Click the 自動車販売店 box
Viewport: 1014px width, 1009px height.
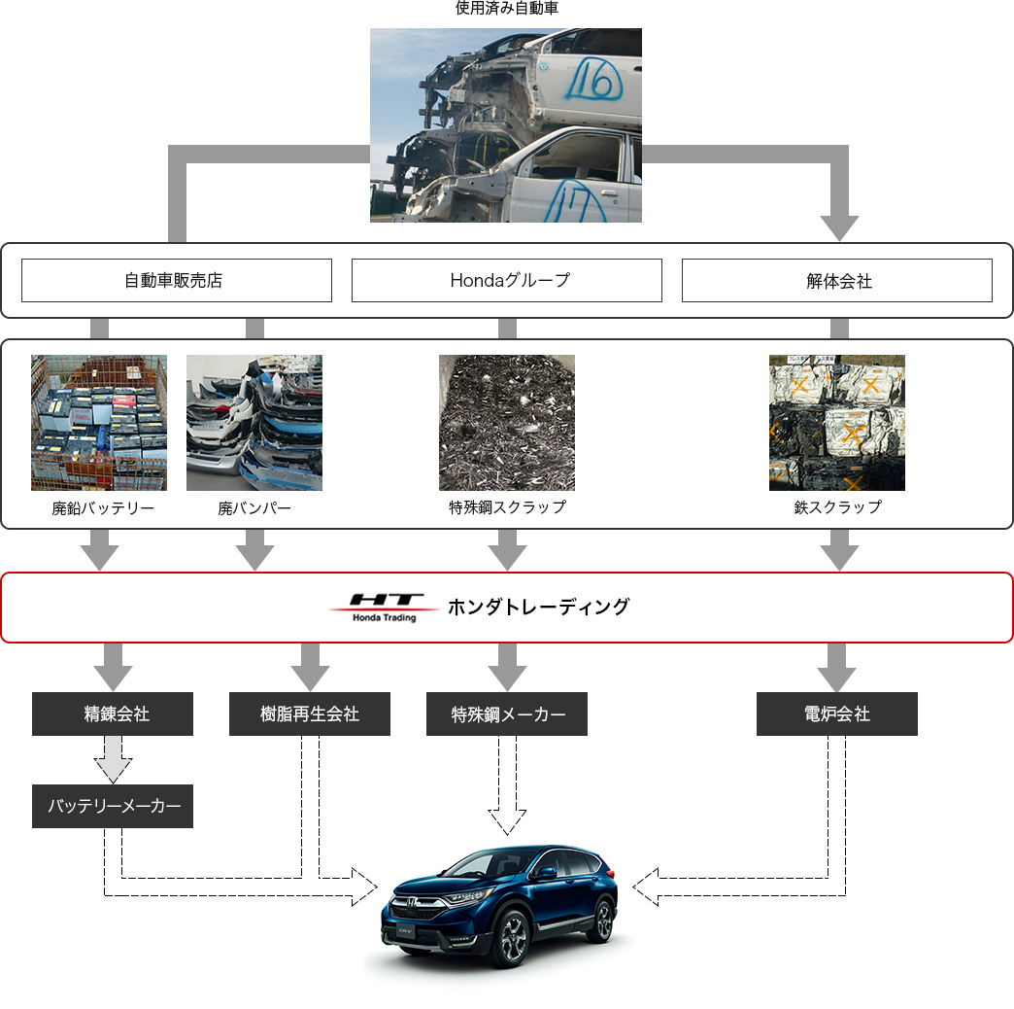pos(176,280)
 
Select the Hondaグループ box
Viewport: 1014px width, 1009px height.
pos(506,280)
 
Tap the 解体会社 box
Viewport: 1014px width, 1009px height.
pos(836,280)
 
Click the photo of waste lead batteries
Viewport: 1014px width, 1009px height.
pos(99,423)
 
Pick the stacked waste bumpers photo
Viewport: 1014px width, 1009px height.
pos(254,423)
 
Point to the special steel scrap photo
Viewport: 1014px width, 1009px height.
pos(506,423)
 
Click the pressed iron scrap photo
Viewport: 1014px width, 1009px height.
pos(836,423)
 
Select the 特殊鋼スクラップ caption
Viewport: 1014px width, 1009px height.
pos(507,507)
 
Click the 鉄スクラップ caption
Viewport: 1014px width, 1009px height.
pos(837,507)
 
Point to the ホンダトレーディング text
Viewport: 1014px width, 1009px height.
pos(538,607)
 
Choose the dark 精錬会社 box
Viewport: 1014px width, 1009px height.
pos(113,713)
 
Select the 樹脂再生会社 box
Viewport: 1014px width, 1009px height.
pos(310,713)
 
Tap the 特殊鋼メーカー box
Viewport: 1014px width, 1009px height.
pos(507,713)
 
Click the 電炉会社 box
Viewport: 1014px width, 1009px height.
pos(837,713)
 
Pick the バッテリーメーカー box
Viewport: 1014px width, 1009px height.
pos(113,806)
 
